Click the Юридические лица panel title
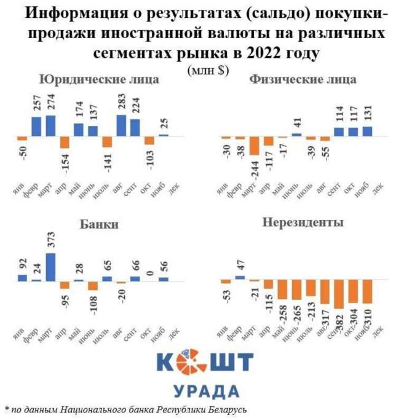coord(99,79)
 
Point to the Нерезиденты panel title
coord(302,222)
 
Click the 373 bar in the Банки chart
coord(50,267)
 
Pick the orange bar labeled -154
coord(65,142)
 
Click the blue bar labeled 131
coord(367,131)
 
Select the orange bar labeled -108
coord(92,285)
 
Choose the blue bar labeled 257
coord(36,126)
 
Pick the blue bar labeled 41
coord(297,134)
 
